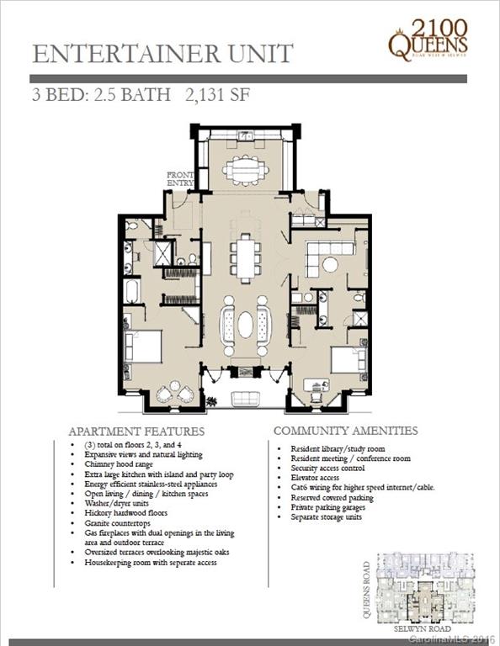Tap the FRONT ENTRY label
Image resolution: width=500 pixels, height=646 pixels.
pos(180,178)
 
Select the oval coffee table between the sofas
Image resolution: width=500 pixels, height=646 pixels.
pos(245,324)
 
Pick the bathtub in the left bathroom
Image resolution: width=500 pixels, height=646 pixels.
pos(132,290)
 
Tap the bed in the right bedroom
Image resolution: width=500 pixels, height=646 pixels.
pos(347,360)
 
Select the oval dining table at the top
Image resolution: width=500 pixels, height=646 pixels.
pos(246,171)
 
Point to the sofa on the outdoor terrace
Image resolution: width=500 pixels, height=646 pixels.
pos(245,399)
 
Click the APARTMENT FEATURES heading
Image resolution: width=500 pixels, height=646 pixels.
pos(136,431)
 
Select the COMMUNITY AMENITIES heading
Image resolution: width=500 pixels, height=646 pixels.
pos(345,431)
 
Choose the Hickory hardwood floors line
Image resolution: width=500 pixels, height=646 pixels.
pos(126,512)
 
